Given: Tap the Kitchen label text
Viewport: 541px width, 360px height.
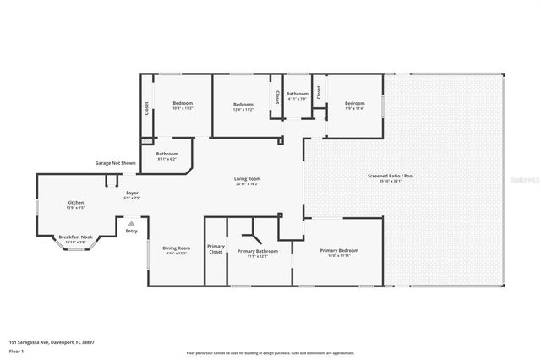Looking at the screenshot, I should (76, 203).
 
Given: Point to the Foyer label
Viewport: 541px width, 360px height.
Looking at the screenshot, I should (132, 194).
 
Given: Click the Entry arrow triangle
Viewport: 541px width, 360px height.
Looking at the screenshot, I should (130, 223).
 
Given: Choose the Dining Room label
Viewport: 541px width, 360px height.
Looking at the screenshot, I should (177, 248).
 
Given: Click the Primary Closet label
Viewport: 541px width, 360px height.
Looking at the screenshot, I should (216, 248).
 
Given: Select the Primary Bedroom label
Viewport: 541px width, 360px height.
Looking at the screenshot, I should (339, 251).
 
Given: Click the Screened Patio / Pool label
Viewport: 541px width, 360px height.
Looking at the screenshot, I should (390, 177).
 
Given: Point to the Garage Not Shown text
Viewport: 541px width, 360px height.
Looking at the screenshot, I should (115, 161).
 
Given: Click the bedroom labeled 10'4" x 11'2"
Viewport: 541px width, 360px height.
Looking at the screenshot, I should (183, 104).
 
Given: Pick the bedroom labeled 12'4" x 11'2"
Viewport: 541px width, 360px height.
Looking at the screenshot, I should (243, 104).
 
